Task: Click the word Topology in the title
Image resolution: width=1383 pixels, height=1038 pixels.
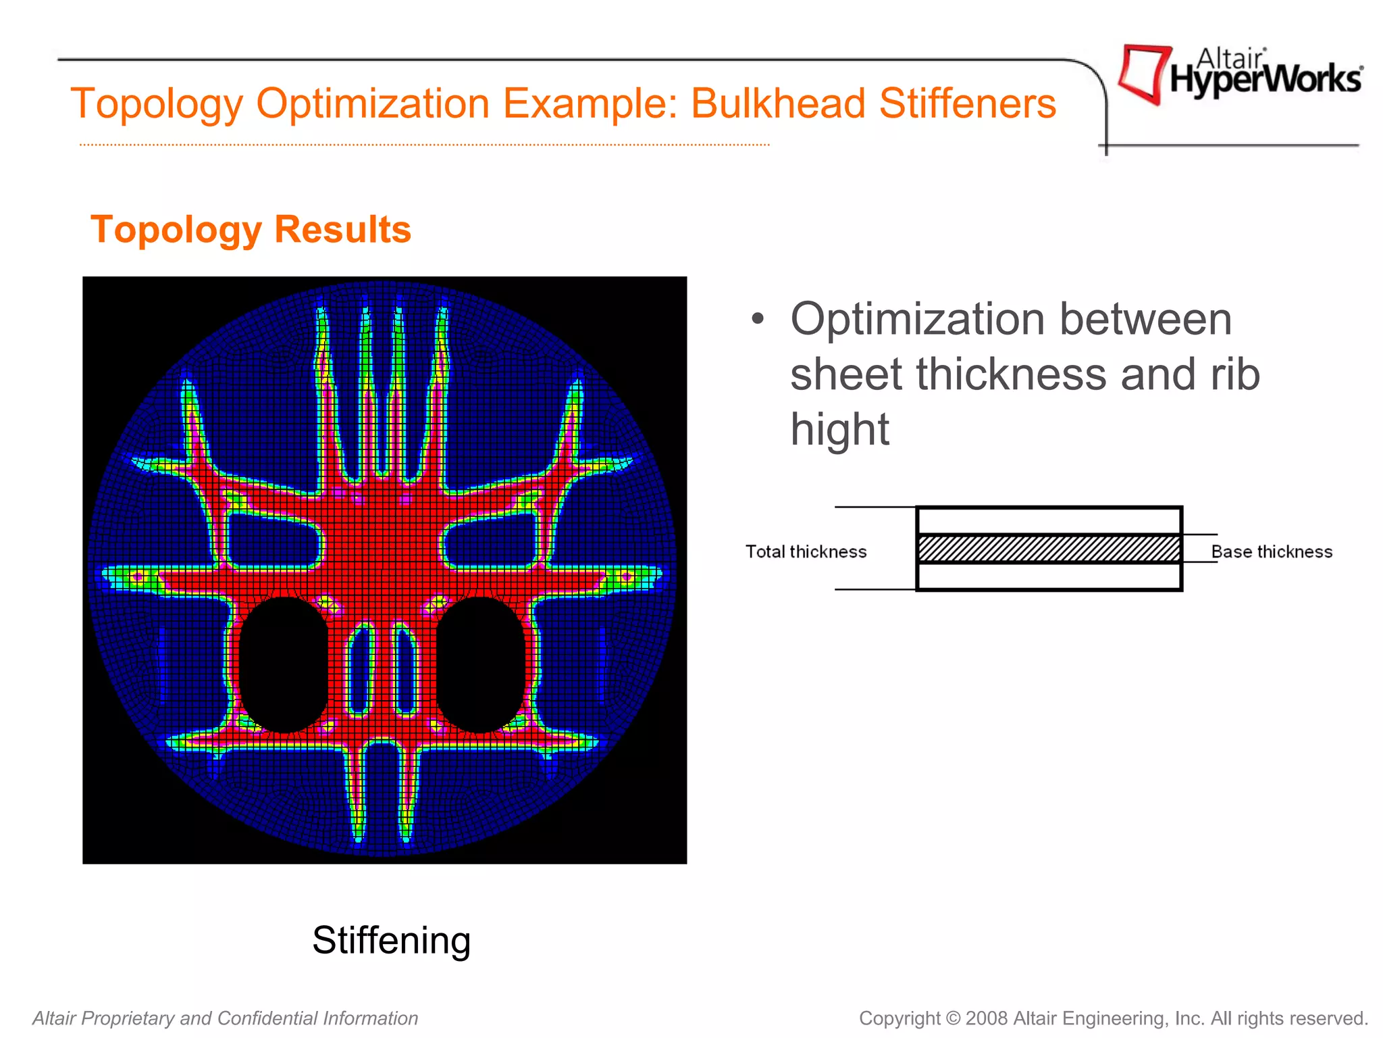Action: click(x=157, y=104)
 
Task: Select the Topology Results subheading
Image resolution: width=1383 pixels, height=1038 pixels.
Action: click(x=251, y=230)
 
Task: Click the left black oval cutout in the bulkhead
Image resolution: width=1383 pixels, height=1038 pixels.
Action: click(x=284, y=666)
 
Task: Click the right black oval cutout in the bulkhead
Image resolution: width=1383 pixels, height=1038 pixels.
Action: click(x=480, y=666)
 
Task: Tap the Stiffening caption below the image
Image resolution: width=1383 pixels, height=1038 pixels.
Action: click(x=391, y=940)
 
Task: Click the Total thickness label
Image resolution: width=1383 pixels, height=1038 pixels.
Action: click(x=806, y=552)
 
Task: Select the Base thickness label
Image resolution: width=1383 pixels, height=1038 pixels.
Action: click(x=1271, y=552)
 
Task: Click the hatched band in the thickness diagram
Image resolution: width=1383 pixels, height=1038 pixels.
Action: click(x=1049, y=549)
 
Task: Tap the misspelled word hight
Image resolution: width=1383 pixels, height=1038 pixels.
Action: click(x=839, y=430)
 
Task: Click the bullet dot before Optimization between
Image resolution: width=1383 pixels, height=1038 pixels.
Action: click(x=758, y=319)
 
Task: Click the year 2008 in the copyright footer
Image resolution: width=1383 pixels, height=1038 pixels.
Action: click(x=987, y=1018)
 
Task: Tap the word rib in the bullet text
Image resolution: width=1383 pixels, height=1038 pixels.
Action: click(x=1235, y=374)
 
